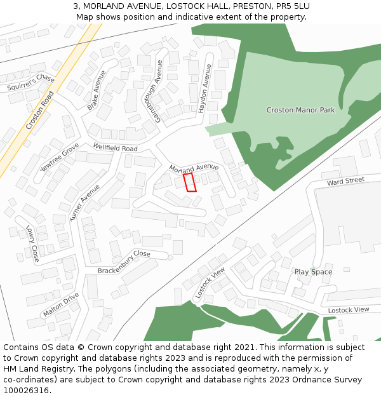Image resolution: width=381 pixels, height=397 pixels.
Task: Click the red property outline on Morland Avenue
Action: (x=189, y=182)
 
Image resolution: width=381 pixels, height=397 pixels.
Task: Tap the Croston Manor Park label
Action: (x=300, y=110)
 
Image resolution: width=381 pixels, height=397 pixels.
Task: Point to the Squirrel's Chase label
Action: (x=31, y=83)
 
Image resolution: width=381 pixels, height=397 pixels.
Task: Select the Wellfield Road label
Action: (x=115, y=147)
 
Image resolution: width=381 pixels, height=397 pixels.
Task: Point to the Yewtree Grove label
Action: (x=60, y=158)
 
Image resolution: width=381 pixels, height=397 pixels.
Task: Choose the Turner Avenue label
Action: (x=84, y=202)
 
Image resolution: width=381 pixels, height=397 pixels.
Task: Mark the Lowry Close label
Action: (x=32, y=243)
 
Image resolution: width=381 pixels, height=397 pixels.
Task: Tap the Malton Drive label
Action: (x=61, y=305)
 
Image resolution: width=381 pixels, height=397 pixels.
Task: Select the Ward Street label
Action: (x=345, y=181)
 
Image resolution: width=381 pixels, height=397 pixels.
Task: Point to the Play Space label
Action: (x=313, y=272)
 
